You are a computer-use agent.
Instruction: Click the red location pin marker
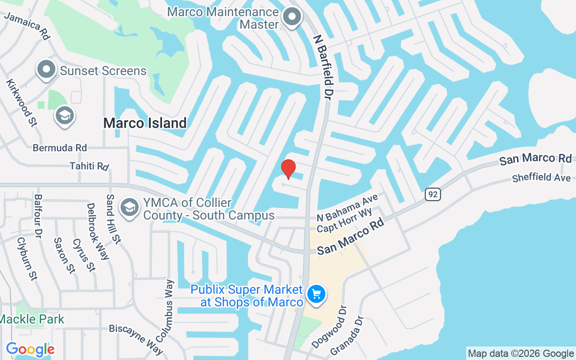click(288, 169)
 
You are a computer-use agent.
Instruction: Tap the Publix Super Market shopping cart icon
click(316, 295)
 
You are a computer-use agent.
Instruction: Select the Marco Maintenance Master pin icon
click(292, 17)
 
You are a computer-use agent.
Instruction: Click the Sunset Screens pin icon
click(46, 70)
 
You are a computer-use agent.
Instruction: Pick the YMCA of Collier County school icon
click(130, 207)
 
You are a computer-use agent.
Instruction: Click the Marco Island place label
click(145, 123)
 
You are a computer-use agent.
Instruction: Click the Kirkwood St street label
click(21, 103)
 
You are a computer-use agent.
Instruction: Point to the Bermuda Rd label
click(60, 148)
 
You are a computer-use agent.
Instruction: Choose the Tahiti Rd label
click(89, 166)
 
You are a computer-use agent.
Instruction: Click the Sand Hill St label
click(113, 219)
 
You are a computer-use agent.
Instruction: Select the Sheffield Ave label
click(541, 177)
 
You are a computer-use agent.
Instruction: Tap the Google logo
click(30, 349)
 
